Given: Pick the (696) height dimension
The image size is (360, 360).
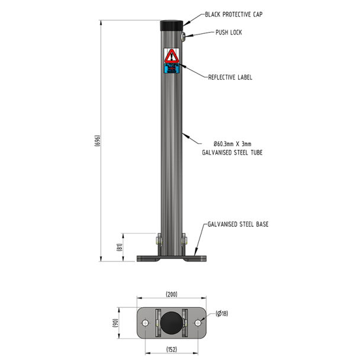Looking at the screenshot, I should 99,140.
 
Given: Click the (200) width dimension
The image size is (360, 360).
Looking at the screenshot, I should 171,294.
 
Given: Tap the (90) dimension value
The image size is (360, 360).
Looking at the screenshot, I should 117,323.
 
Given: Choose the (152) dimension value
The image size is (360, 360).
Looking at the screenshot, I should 171,350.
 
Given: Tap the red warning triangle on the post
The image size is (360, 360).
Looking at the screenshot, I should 171,56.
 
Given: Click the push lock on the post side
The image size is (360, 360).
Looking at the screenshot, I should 184,37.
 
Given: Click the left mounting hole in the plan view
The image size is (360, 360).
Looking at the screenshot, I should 144,323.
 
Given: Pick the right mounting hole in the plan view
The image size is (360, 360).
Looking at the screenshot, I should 198,323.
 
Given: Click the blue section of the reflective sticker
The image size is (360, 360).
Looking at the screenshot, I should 171,69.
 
